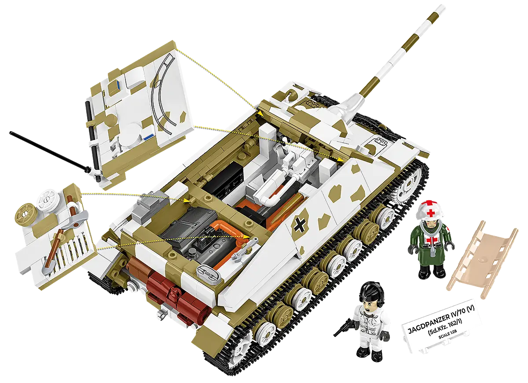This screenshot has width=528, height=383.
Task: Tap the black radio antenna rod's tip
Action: tap(11, 133)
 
